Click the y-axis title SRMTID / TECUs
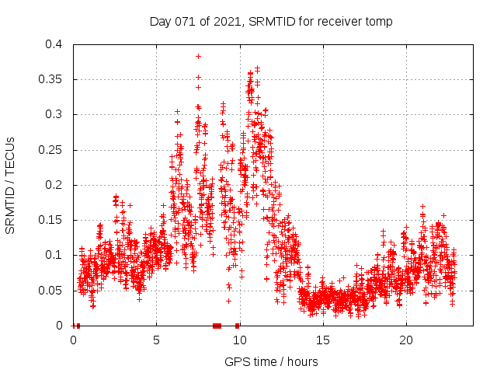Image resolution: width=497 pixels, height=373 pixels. pyautogui.click(x=11, y=185)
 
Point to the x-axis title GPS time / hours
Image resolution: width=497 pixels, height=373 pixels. pyautogui.click(x=271, y=361)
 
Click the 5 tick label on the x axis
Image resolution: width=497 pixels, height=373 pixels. pyautogui.click(x=156, y=340)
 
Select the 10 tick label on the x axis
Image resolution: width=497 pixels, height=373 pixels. pyautogui.click(x=239, y=340)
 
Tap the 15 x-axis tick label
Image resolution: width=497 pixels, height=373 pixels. pyautogui.click(x=322, y=340)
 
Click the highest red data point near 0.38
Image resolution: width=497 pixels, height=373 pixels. pyautogui.click(x=198, y=56)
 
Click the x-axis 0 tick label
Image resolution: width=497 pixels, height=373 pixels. pyautogui.click(x=73, y=340)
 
